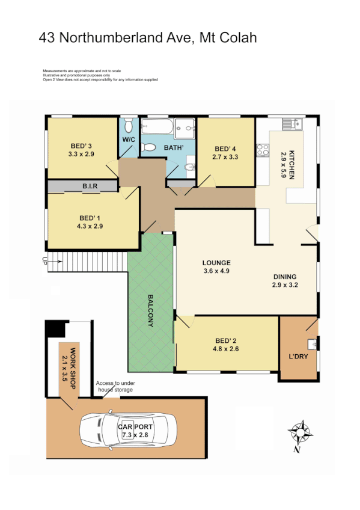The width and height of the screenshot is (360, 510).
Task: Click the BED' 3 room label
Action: click(x=81, y=146)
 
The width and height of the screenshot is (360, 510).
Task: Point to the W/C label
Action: click(x=129, y=140)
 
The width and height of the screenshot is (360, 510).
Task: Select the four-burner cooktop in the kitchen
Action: click(x=262, y=150)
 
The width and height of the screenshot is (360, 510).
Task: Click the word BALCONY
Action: click(x=151, y=310)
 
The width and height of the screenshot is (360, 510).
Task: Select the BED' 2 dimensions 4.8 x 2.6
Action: click(x=227, y=348)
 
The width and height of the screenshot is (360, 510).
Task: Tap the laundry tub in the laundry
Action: click(x=312, y=344)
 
